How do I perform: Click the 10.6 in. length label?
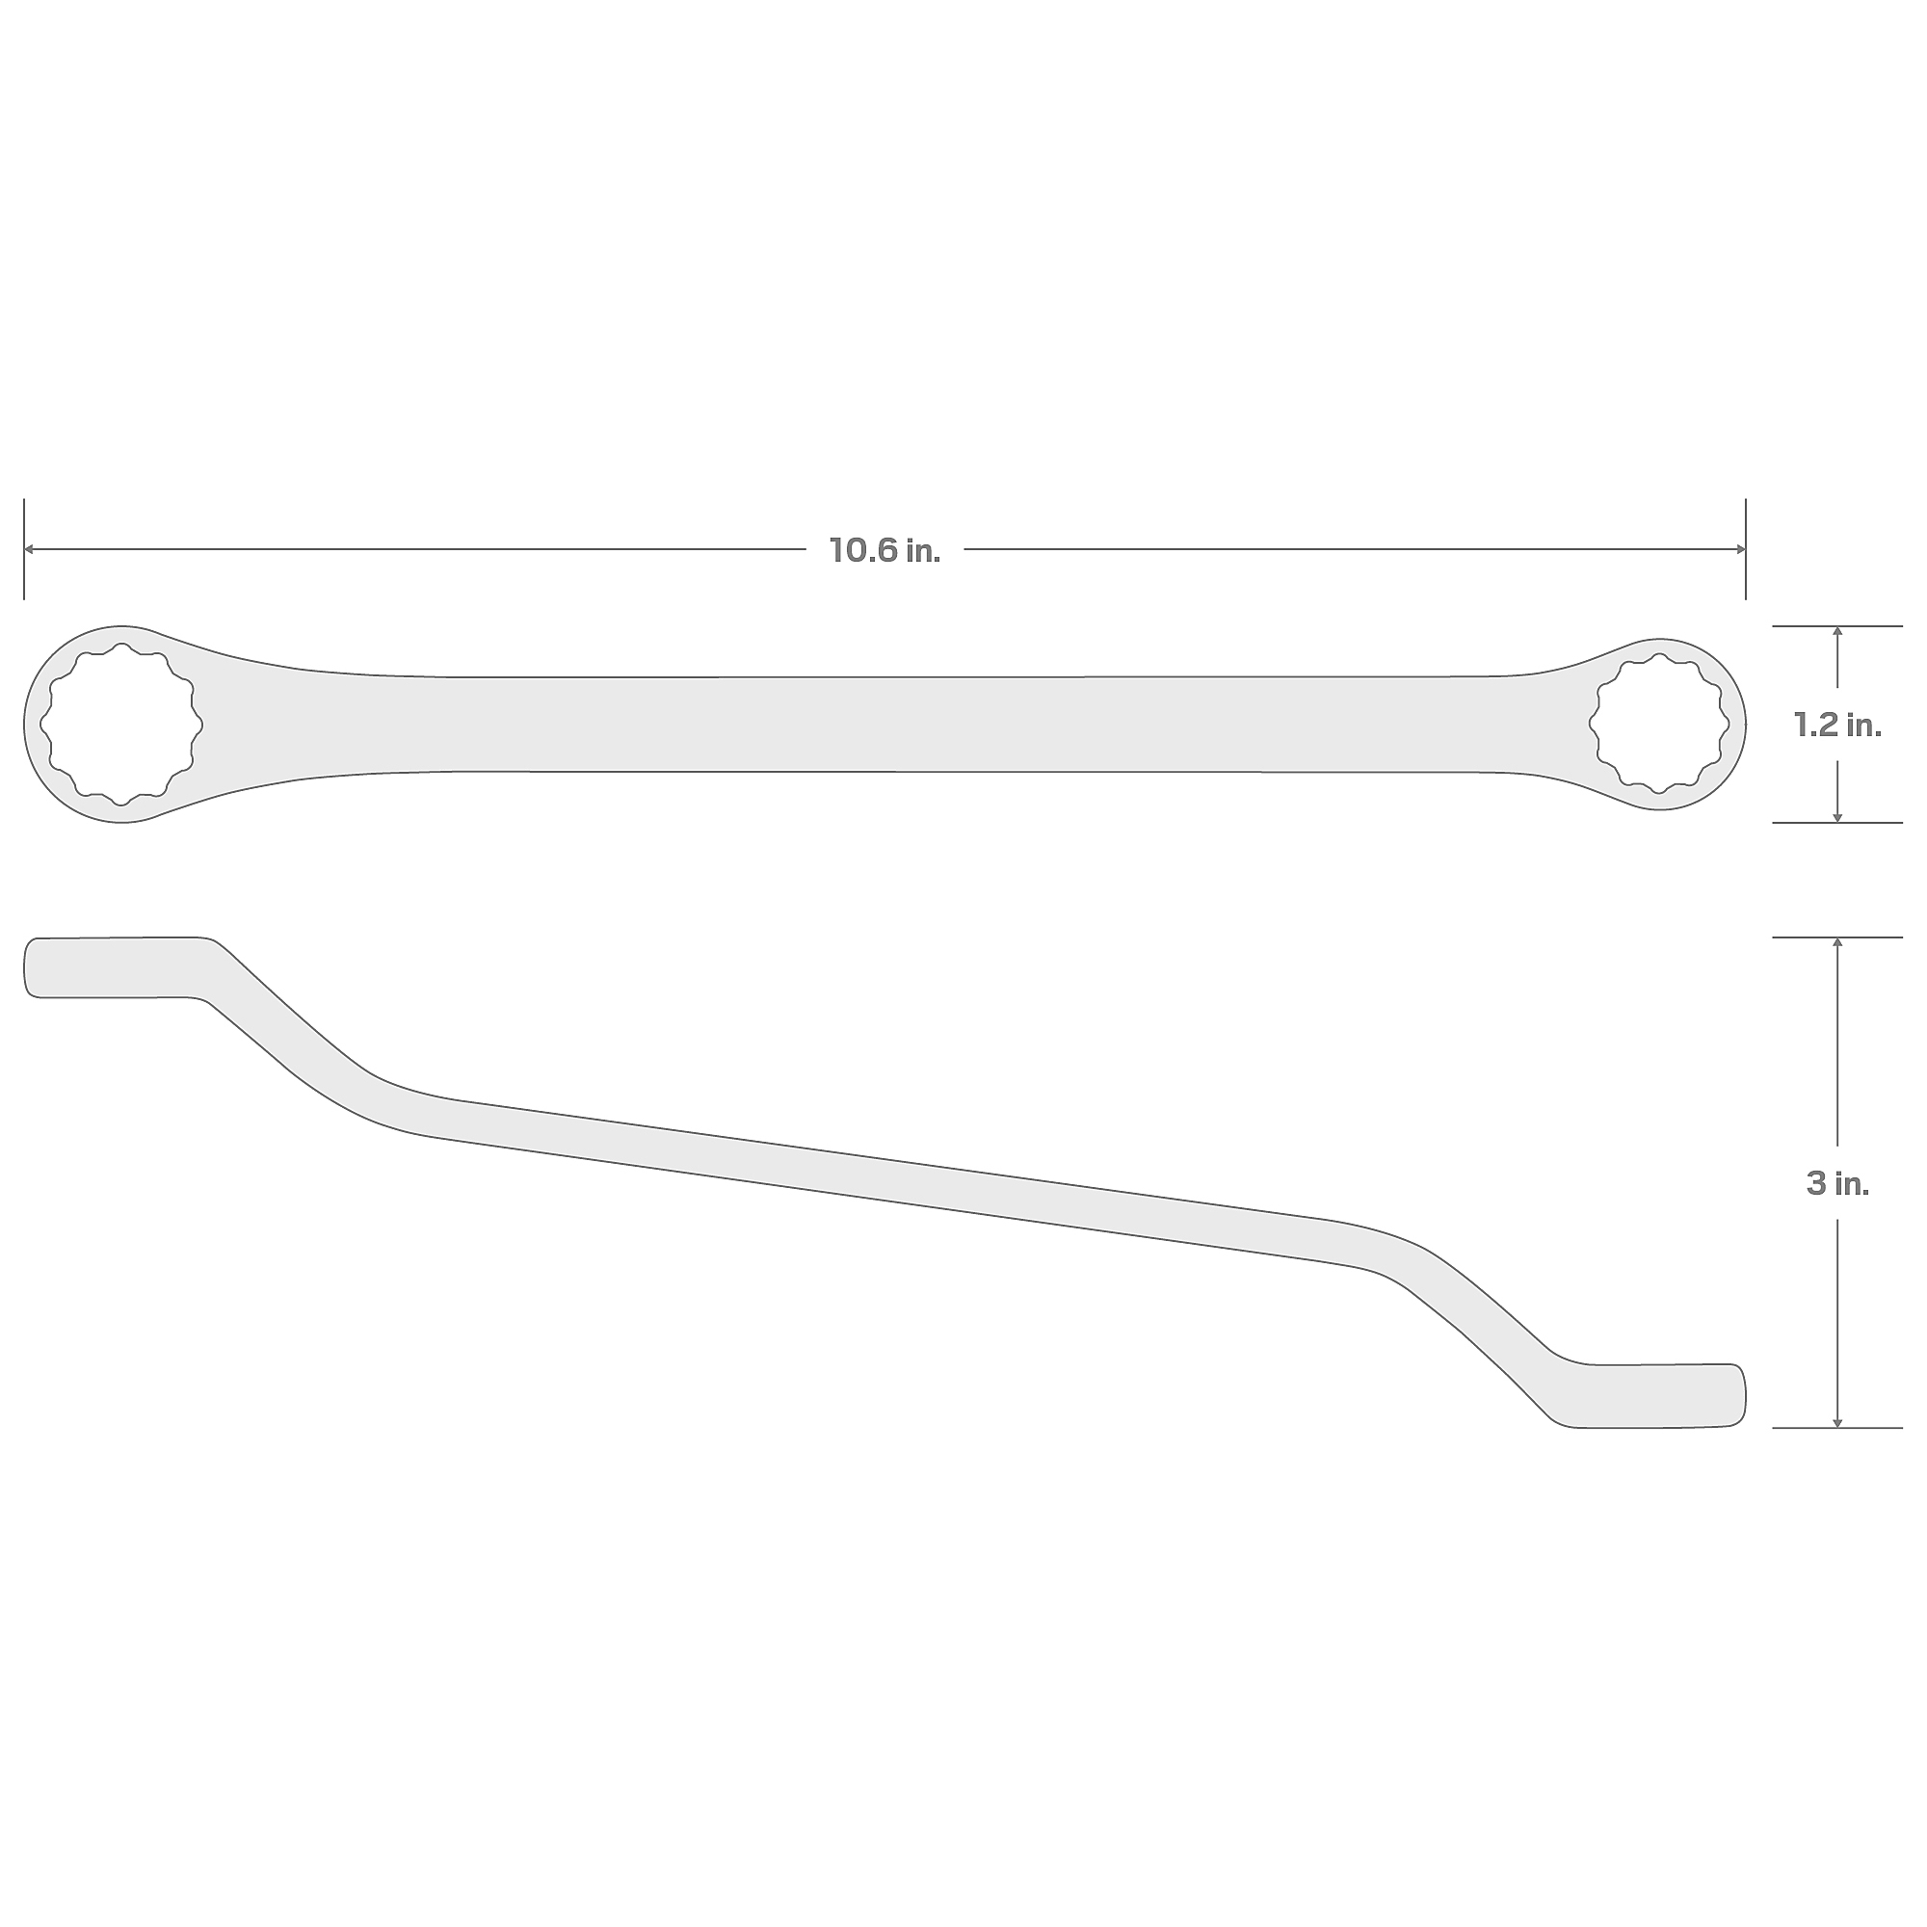[884, 550]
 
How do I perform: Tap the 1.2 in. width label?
[1837, 726]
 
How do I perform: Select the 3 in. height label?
[1837, 1184]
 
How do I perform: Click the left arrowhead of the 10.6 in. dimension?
[29, 549]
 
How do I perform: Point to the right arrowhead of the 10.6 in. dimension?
[1740, 549]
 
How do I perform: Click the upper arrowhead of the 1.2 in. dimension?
[1837, 631]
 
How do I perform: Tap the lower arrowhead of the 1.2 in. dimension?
[1837, 817]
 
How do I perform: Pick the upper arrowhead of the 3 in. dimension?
[1837, 942]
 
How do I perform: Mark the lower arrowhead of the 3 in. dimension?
[1837, 1422]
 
